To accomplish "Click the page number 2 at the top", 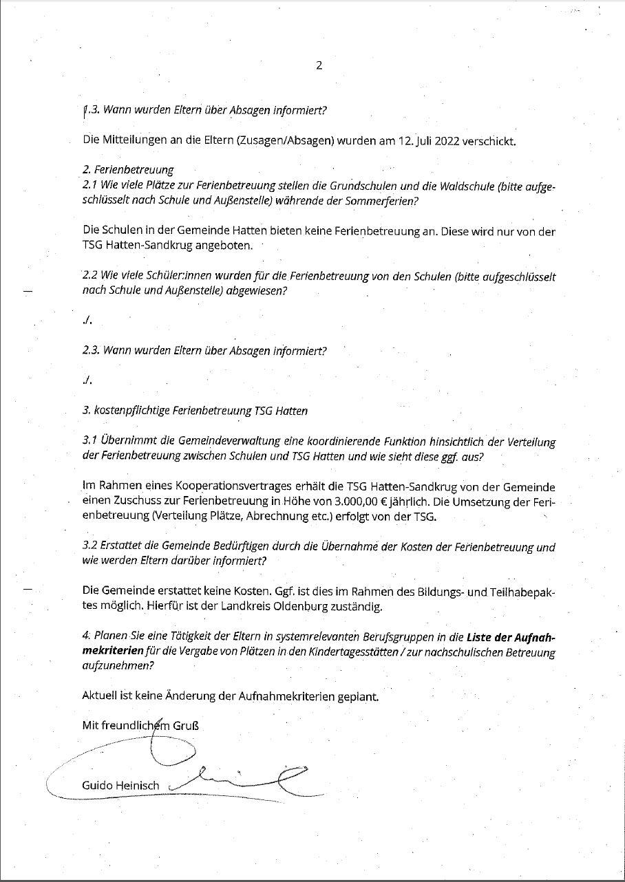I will (x=319, y=66).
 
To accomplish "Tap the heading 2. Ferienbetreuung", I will (x=127, y=169).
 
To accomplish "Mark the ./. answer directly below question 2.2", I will (x=87, y=321).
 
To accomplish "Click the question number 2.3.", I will (x=92, y=350).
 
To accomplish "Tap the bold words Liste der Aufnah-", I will (x=511, y=638).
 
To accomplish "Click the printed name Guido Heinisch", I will (x=120, y=785).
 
